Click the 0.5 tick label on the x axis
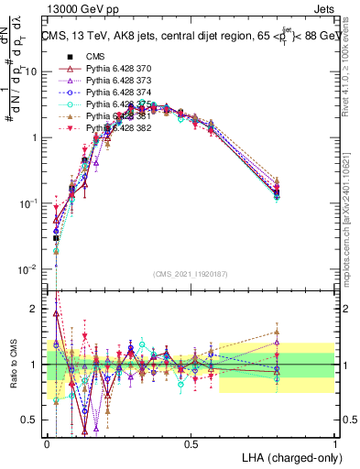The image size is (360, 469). [x=191, y=443]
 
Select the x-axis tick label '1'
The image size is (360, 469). [x=334, y=443]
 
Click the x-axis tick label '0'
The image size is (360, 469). [x=47, y=443]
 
